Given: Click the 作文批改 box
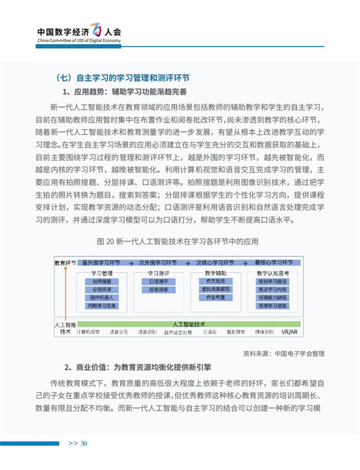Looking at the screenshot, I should [215, 281].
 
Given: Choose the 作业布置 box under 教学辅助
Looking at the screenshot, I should [215, 298].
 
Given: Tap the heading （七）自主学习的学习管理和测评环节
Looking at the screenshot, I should [122, 77].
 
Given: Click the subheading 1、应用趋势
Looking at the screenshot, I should [125, 92].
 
